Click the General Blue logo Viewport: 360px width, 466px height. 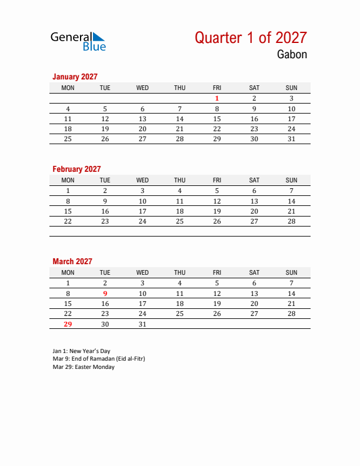coord(78,41)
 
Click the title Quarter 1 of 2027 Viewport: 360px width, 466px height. coord(251,38)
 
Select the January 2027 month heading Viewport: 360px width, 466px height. coord(75,76)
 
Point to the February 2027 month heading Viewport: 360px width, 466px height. coord(76,169)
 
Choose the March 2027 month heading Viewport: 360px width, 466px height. coord(72,261)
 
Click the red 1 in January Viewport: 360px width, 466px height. coord(217,98)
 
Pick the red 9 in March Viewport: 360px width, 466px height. coord(105,293)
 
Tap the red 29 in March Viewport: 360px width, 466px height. coord(68,324)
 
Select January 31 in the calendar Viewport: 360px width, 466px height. coord(291,139)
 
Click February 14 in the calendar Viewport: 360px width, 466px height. coord(291,201)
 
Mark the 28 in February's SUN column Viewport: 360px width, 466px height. coord(291,221)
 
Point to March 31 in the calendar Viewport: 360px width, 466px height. coord(142,324)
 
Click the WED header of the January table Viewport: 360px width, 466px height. coord(142,88)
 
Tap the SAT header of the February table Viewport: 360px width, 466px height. coord(254,180)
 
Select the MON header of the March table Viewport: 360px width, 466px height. coord(68,272)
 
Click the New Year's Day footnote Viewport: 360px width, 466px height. coord(81,351)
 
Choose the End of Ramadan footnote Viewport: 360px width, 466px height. coord(98,359)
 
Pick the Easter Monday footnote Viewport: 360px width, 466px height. coord(84,367)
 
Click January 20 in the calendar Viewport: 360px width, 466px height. coord(142,129)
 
